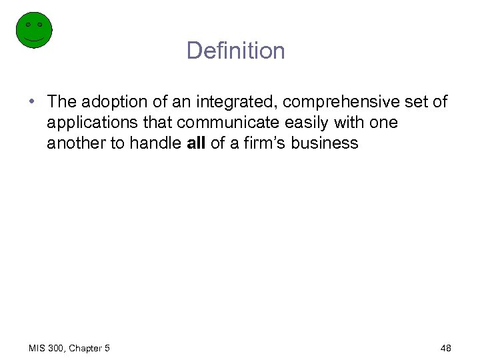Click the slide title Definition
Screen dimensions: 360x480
point(235,51)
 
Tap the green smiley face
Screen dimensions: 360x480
point(33,30)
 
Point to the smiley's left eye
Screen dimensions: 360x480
point(27,25)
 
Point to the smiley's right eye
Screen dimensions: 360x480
point(40,25)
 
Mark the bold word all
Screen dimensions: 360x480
point(197,143)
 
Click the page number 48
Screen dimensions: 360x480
point(446,347)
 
